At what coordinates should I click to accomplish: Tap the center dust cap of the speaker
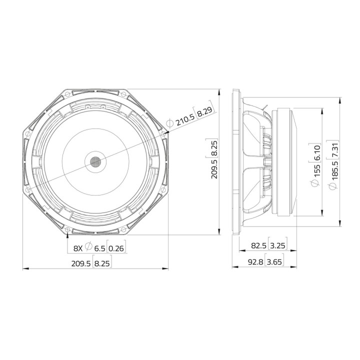(x=95, y=161)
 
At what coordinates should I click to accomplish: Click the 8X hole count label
(x=78, y=247)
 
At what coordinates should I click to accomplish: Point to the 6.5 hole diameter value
(x=100, y=247)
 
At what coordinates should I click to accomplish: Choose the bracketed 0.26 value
(x=117, y=247)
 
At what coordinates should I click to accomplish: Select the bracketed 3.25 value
(x=277, y=245)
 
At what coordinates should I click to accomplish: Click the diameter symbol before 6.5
(x=88, y=247)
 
